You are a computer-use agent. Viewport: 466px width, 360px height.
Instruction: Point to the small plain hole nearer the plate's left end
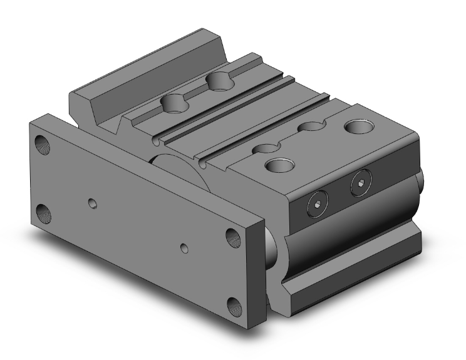(93, 203)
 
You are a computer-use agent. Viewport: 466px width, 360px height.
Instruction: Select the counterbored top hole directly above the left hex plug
(277, 166)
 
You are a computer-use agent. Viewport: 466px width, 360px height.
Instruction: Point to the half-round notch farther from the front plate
(309, 128)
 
